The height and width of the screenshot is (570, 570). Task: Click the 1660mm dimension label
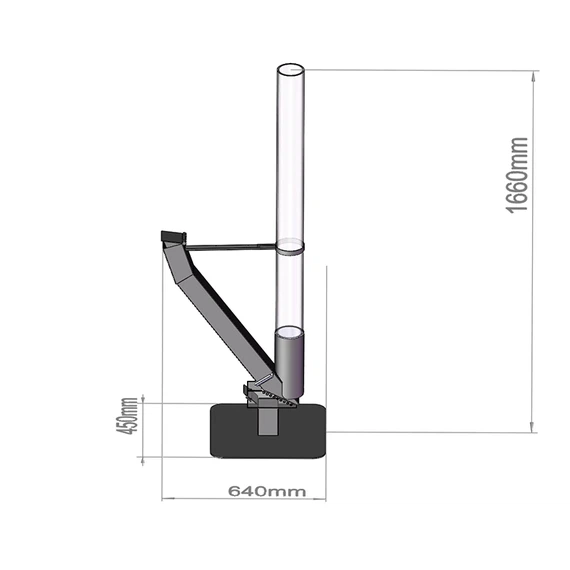[517, 175]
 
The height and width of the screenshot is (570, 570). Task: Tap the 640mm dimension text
[266, 491]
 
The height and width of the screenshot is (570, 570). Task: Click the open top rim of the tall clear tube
[290, 71]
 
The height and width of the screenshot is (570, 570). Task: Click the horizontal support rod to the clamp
[230, 245]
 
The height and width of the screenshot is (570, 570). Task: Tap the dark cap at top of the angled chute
[173, 237]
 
